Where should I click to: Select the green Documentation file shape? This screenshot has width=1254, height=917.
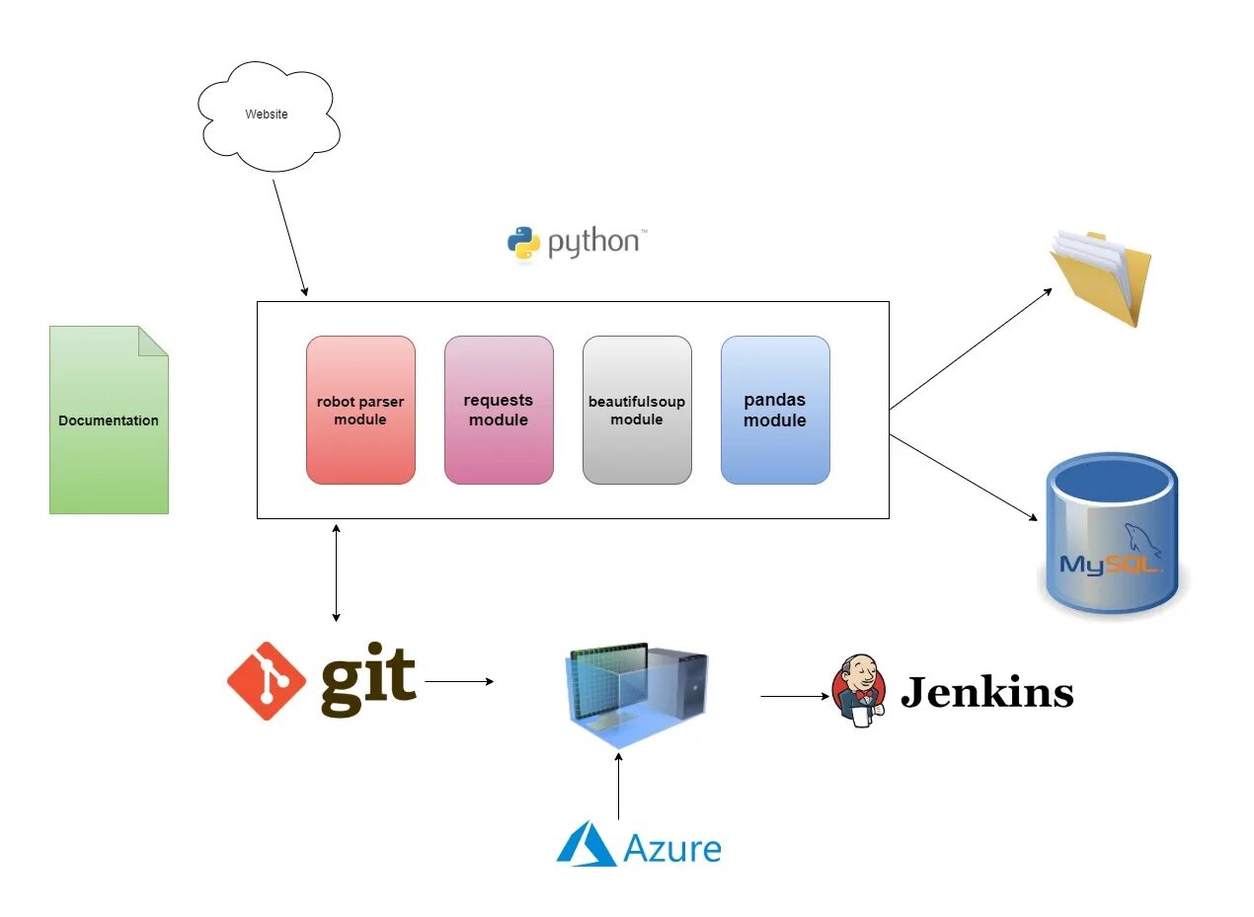pos(109,420)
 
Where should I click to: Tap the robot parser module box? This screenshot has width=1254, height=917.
pos(360,410)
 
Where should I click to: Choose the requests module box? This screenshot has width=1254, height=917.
pos(499,410)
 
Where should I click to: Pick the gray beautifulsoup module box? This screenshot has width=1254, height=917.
pos(637,410)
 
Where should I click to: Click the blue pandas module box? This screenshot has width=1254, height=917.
pos(775,410)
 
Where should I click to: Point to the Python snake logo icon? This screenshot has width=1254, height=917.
pos(523,243)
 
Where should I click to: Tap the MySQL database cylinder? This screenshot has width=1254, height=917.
pos(1112,533)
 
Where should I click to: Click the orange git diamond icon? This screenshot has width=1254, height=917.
pos(267,681)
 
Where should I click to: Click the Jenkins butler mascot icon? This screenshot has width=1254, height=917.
pos(858,691)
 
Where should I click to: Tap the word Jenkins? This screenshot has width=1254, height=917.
pos(986,693)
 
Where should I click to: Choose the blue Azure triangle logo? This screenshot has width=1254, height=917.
pos(587,845)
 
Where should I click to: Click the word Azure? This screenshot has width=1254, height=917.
pos(672,848)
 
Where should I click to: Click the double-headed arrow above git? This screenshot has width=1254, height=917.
pos(337,573)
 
